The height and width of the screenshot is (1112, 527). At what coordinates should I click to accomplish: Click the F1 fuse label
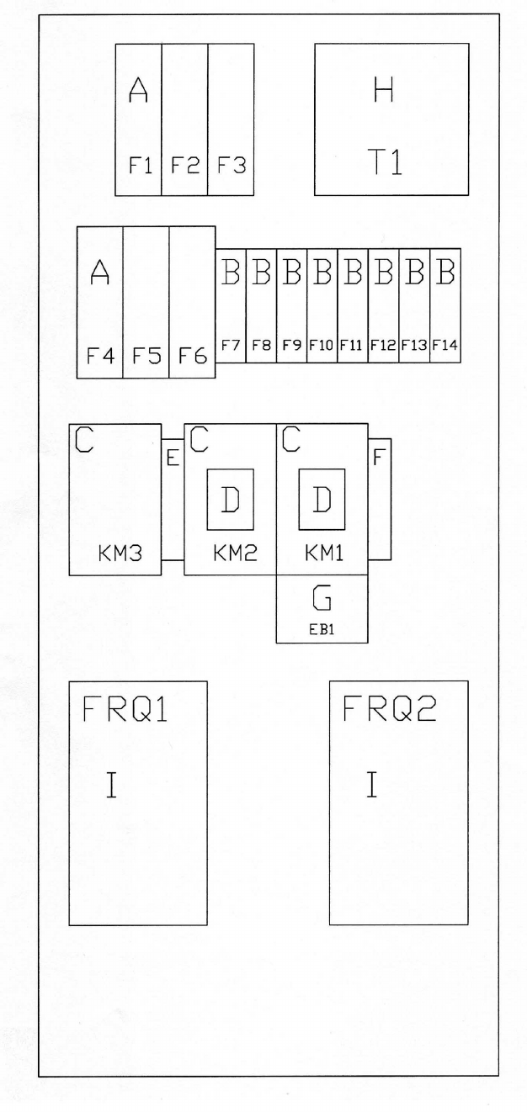click(139, 166)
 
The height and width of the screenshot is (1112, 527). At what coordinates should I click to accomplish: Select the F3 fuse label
click(231, 166)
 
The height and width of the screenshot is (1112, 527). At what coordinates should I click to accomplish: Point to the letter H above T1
click(384, 91)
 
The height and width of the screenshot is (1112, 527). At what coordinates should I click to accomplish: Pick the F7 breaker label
click(231, 344)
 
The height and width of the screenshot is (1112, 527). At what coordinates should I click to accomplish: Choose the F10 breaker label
click(322, 344)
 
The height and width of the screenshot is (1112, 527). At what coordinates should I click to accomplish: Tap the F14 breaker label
click(445, 344)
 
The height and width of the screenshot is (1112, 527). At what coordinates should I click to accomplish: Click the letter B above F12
click(384, 273)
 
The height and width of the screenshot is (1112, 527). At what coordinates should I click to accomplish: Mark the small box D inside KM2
click(230, 499)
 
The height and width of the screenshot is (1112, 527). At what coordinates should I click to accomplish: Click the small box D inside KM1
click(322, 499)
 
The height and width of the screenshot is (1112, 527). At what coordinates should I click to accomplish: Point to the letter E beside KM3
click(173, 458)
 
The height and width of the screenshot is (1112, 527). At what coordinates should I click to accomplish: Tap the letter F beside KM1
click(379, 458)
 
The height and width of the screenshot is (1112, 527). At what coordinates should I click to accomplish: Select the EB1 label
click(322, 627)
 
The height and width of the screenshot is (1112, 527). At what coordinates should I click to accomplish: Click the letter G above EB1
click(322, 598)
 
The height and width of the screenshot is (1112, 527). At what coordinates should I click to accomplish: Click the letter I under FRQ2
click(371, 785)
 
